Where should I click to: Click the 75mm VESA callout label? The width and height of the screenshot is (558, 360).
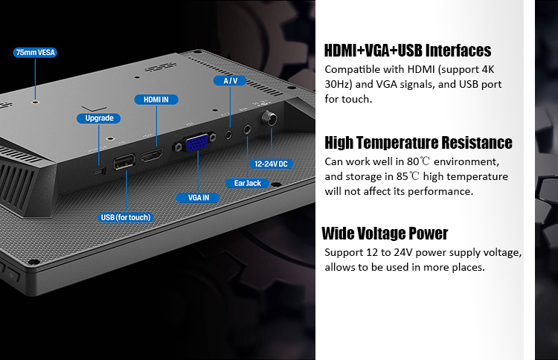pos(35,53)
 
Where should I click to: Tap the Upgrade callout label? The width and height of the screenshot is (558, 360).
pos(99,118)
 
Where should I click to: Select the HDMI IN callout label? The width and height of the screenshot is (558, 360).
pos(156,100)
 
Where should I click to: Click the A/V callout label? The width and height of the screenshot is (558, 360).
pos(230,81)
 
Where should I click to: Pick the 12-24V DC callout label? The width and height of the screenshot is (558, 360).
pos(271,164)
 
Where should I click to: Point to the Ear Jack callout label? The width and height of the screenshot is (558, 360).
pos(247,183)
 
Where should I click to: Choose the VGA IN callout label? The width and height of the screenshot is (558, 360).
pos(198,198)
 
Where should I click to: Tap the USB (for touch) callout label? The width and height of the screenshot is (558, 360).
pos(126,217)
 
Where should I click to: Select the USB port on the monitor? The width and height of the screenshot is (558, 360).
pos(124,162)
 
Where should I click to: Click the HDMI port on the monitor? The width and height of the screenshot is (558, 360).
pos(153,155)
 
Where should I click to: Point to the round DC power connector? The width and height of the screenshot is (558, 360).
pos(269,118)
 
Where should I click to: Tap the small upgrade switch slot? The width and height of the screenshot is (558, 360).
pos(100,172)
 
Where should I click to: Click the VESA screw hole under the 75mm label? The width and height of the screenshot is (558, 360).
pos(35,102)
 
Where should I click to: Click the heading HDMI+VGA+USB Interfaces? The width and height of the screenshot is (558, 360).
pos(408,51)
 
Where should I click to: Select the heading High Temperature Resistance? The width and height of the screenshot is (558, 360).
pos(418,143)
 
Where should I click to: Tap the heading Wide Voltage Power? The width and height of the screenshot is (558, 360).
pos(385,234)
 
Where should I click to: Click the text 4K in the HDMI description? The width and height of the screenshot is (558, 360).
pos(487,69)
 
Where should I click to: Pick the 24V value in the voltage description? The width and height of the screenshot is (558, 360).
pos(403,253)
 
